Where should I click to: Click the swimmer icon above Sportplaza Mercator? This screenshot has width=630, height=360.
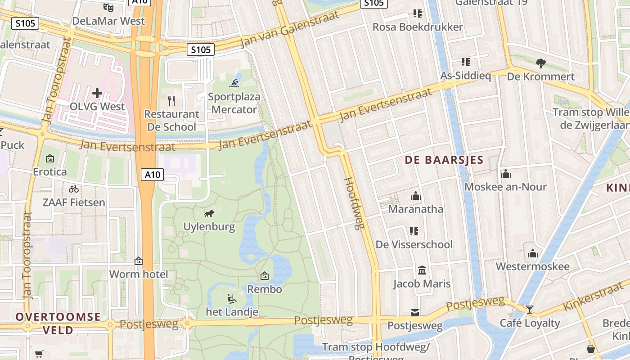234,83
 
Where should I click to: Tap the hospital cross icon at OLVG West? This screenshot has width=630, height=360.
97,93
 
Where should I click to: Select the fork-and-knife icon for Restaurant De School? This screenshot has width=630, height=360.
171,100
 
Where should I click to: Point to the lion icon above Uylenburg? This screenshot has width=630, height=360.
209,213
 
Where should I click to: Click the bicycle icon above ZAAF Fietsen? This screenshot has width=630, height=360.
74,189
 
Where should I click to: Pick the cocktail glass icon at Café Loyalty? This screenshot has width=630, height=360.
530,309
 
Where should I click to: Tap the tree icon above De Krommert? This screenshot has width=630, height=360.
540,63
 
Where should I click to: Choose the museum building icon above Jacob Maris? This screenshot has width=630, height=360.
422,270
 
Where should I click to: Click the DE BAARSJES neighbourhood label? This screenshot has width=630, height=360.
444,160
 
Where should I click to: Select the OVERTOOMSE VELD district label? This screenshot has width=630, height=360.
58,323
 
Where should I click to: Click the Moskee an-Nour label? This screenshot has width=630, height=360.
505,187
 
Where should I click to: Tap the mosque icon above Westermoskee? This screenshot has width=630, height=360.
533,253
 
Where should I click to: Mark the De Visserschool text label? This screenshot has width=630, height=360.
414,244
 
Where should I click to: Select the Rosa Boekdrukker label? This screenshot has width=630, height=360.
417,27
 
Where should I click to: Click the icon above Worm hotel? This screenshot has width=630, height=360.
139,261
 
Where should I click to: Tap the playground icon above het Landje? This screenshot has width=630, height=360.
232,298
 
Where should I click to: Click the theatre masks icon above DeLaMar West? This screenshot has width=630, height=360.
108,7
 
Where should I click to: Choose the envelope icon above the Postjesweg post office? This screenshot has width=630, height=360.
414,312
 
